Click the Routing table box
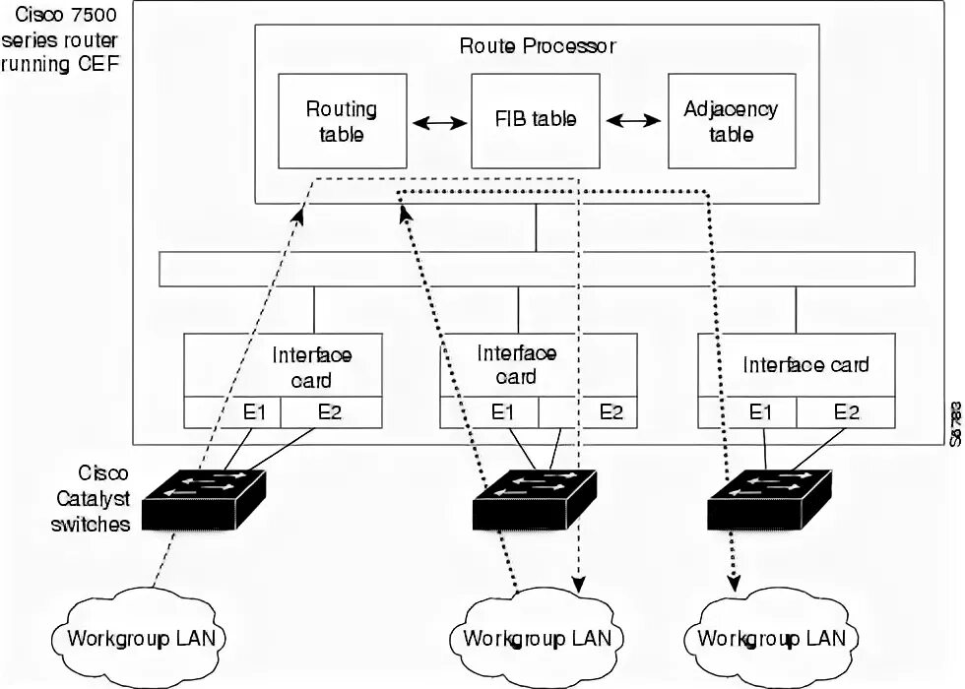click(342, 120)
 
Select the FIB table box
click(536, 120)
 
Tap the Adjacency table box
click(731, 120)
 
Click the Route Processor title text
click(537, 45)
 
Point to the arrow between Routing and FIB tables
click(439, 122)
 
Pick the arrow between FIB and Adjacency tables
click(633, 120)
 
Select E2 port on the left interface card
click(331, 412)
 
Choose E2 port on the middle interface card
click(611, 412)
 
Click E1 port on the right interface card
click(759, 412)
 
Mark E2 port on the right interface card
click(846, 412)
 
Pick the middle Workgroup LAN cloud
click(537, 638)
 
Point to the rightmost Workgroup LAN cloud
click(771, 638)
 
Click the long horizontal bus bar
click(537, 269)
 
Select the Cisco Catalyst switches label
click(93, 498)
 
